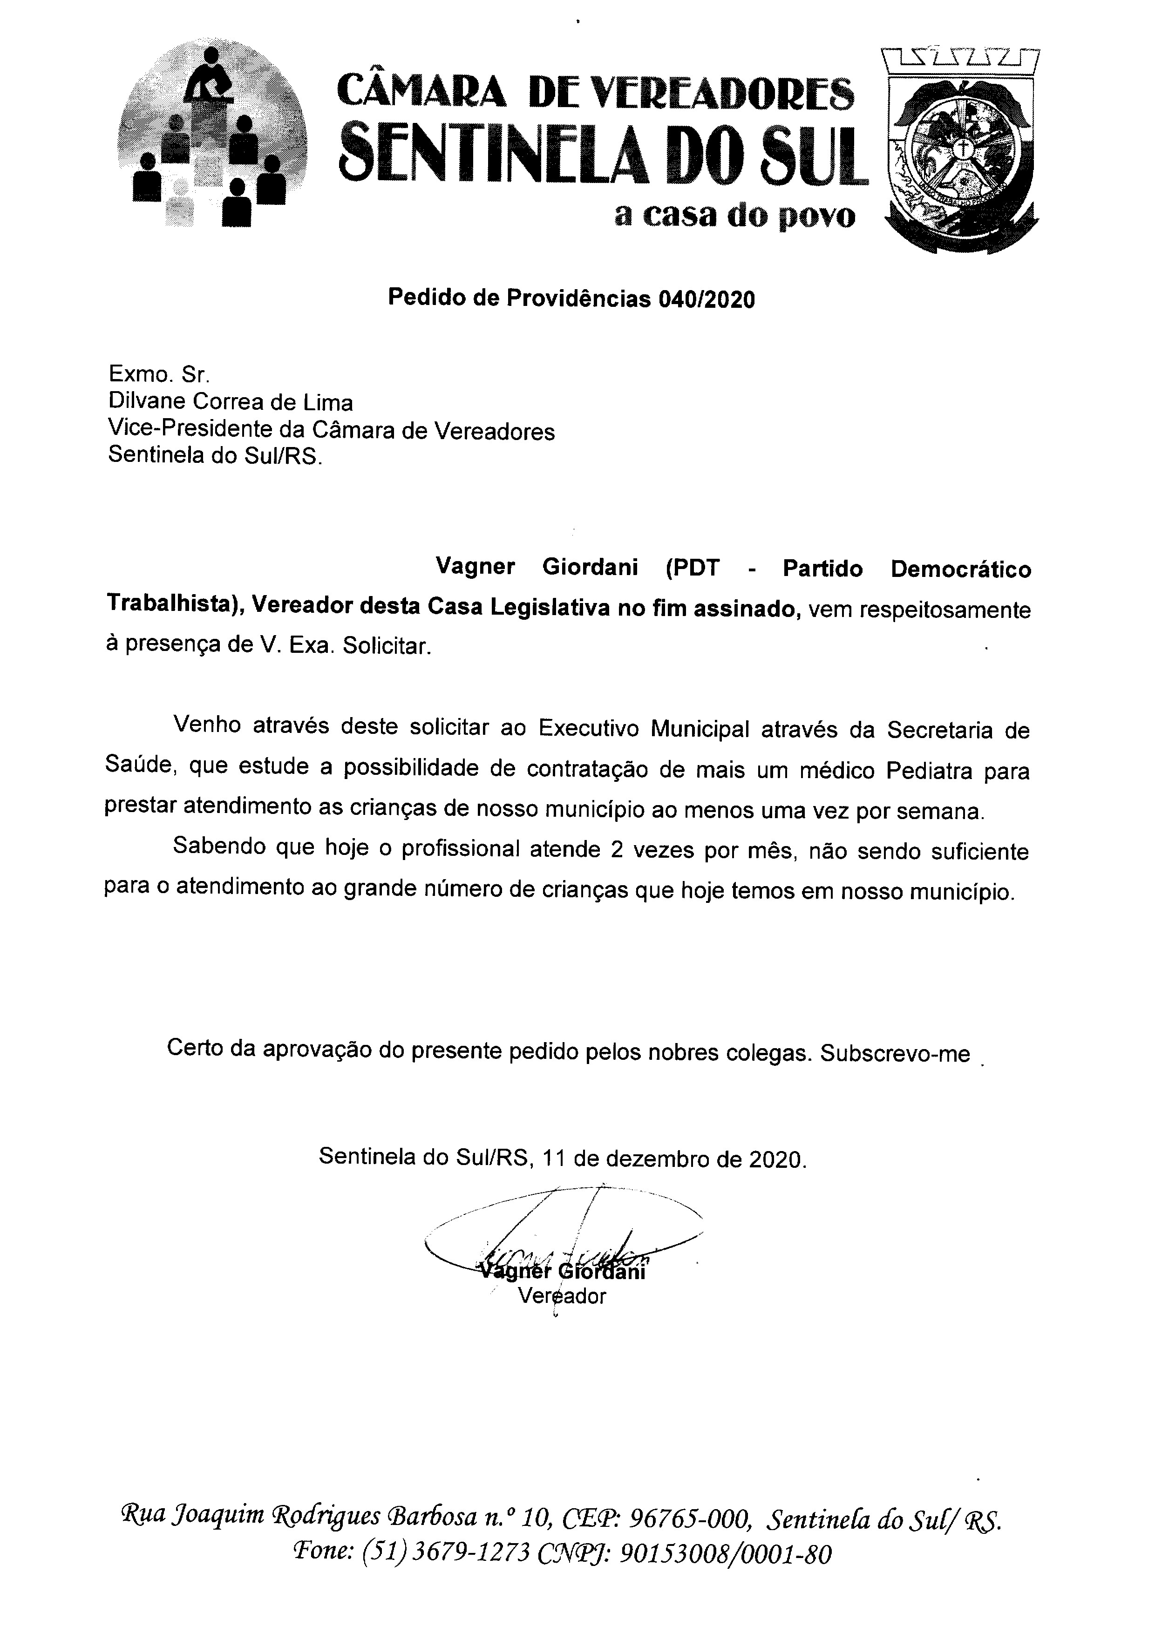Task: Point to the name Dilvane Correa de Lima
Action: point(231,403)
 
